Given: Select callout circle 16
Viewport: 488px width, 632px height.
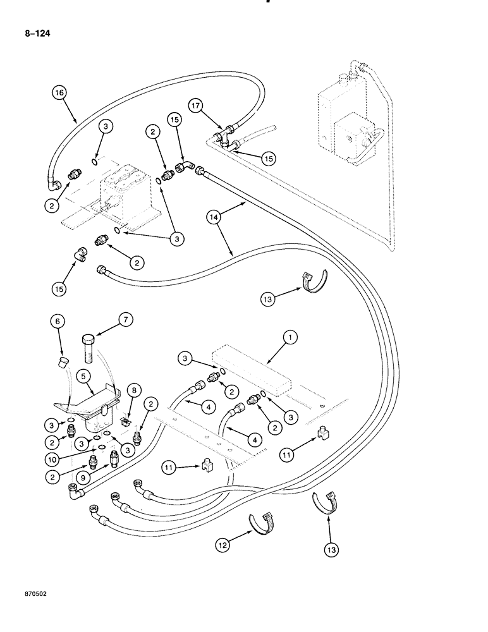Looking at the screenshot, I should click(x=59, y=94).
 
